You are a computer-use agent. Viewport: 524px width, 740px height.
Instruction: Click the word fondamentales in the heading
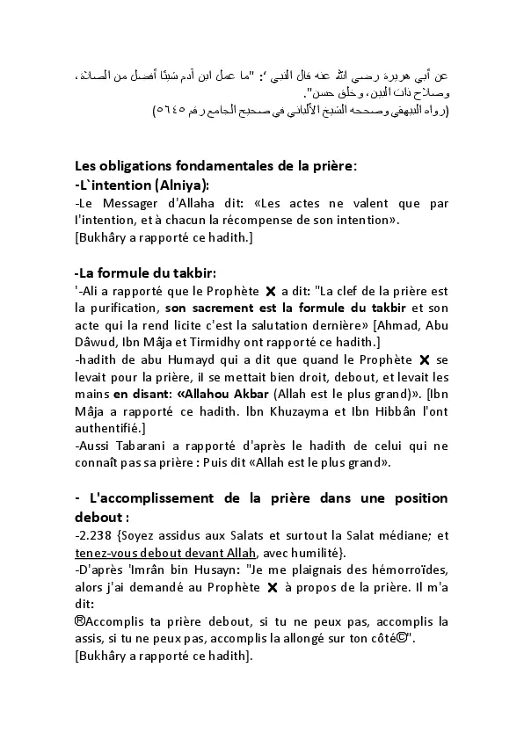coord(193,165)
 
